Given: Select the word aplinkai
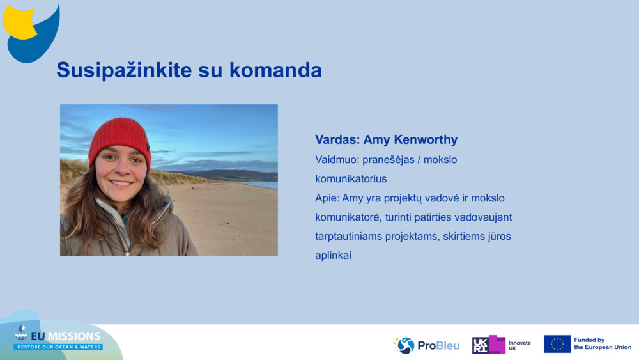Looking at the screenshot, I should (334, 256).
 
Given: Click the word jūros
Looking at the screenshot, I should (499, 237).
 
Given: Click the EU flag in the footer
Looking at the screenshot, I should (557, 344).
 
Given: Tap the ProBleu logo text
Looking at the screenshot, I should (438, 346).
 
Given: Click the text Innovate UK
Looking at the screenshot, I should (519, 345).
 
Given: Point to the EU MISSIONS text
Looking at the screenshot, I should (65, 336).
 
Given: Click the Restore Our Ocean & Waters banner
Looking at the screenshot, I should (58, 347).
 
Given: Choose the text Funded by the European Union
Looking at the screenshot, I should (602, 344).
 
